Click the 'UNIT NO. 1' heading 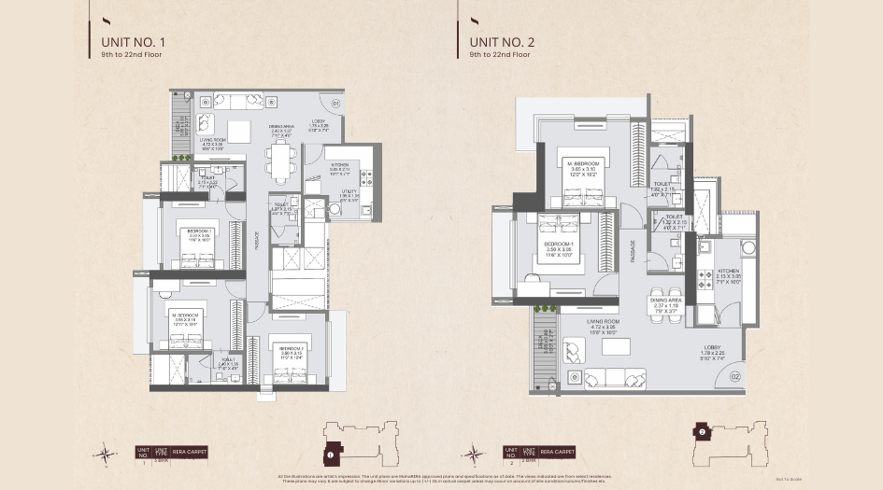[133, 42]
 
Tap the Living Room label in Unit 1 [211, 143]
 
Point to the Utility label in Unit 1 [347, 196]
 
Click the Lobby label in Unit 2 [712, 351]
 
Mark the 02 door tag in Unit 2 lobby [734, 375]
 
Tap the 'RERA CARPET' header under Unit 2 [558, 452]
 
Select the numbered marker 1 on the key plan [331, 455]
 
